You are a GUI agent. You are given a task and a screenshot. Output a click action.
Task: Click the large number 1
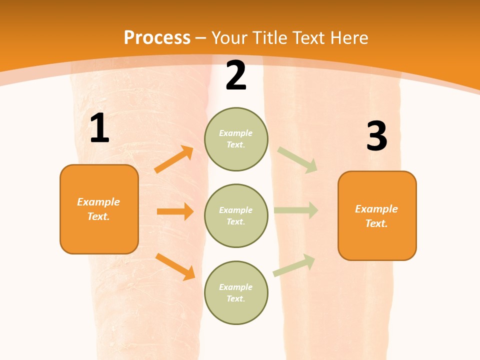99,128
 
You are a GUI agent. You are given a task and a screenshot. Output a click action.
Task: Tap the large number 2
236,76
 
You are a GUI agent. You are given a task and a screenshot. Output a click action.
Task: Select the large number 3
376,136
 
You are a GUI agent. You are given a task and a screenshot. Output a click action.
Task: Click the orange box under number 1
99,209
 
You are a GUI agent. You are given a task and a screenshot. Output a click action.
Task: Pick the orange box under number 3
377,216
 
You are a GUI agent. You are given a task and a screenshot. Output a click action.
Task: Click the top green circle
236,139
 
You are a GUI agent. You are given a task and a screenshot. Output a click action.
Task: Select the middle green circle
236,215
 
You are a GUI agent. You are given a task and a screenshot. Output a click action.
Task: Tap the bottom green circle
236,292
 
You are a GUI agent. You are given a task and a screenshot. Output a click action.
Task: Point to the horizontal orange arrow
175,211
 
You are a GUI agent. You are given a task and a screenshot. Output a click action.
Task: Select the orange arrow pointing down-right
175,266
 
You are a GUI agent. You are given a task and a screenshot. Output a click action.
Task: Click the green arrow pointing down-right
297,160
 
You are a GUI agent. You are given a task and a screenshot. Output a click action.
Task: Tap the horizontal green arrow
296,210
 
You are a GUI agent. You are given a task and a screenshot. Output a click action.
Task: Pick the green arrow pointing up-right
294,265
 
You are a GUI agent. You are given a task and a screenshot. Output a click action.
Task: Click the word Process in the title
157,37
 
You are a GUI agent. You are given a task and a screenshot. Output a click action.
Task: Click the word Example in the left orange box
98,202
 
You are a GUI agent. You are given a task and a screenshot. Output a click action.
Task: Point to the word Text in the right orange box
376,223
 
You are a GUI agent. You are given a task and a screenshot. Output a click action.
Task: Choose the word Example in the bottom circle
236,287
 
